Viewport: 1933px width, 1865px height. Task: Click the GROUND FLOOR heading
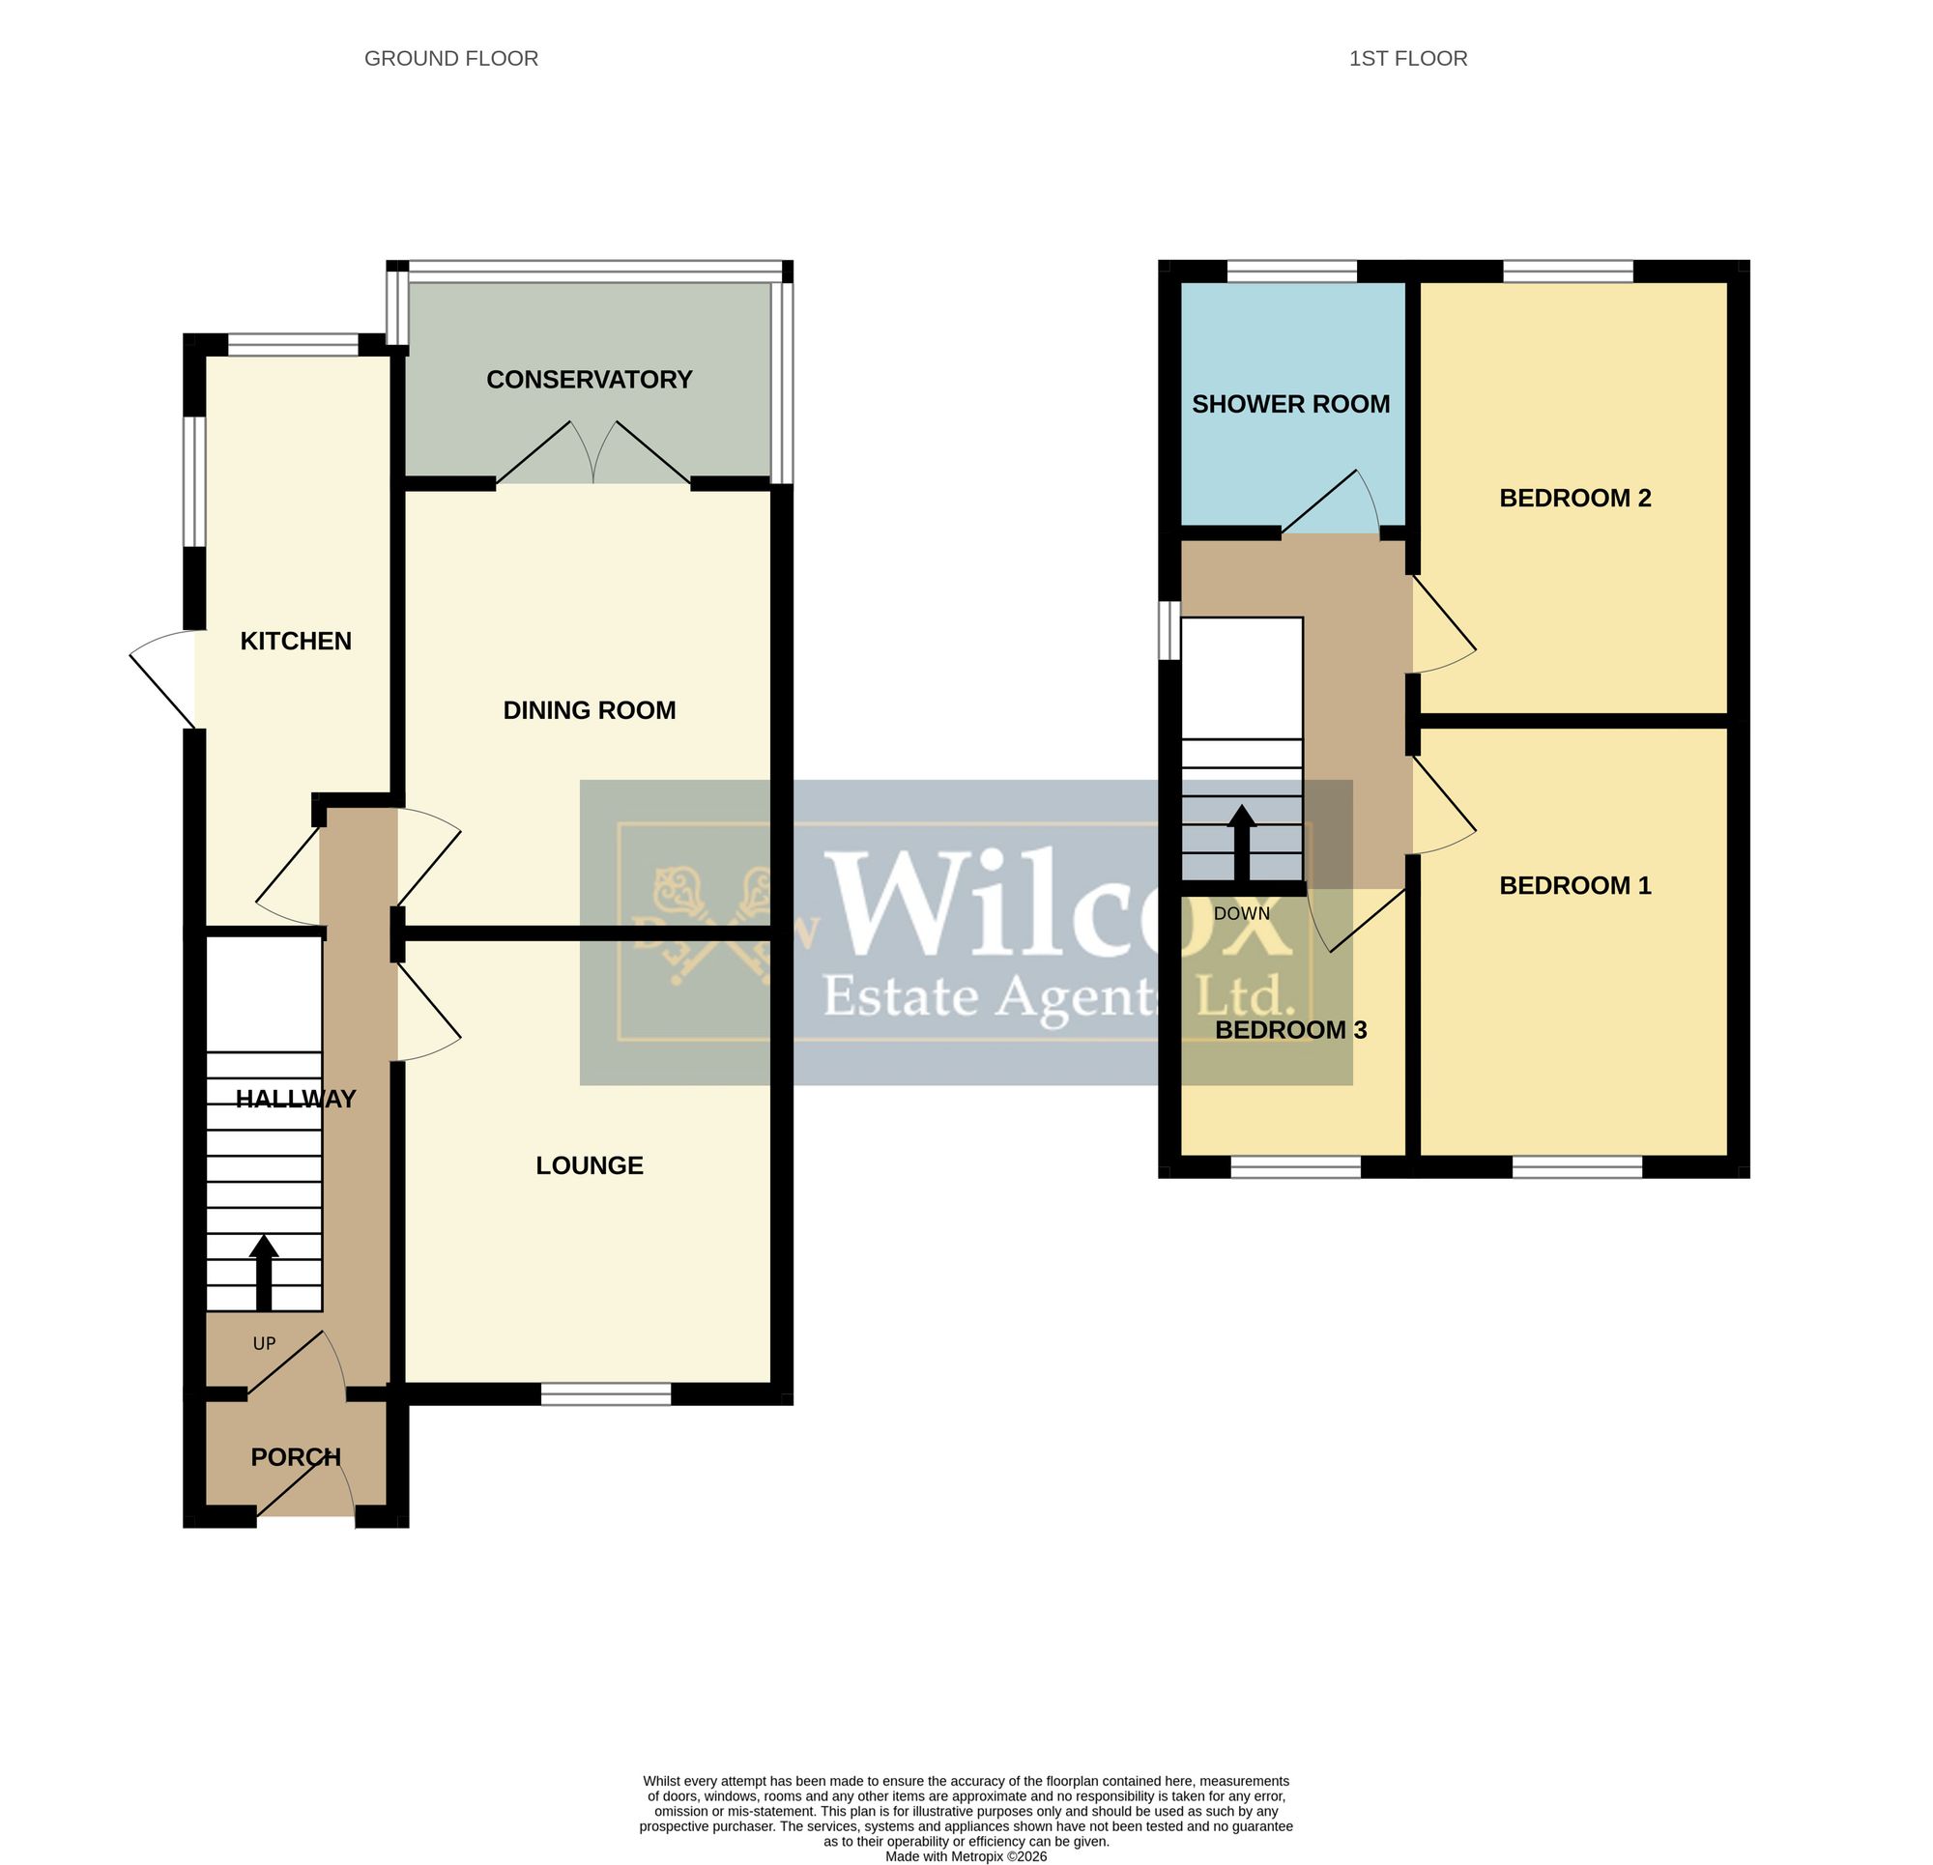pos(450,59)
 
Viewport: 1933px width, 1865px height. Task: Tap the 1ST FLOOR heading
pos(1407,59)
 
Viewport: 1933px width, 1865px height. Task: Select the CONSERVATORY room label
pos(589,380)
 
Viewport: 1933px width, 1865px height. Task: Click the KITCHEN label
pos(296,641)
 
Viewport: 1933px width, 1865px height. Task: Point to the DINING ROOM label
pos(589,710)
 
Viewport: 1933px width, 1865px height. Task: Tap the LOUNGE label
pos(589,1165)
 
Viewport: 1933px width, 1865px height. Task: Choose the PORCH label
pos(296,1456)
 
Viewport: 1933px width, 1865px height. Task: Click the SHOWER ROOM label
pos(1291,404)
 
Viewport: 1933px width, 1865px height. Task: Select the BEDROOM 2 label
pos(1575,498)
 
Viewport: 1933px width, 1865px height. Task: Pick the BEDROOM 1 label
pos(1575,886)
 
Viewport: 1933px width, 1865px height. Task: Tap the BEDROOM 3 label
pos(1291,1030)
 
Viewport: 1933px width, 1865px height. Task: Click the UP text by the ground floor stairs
pos(264,1343)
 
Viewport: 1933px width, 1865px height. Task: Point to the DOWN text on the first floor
pos(1242,913)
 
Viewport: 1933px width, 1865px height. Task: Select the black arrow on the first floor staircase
pos(1242,844)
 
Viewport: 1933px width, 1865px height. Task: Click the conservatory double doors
pos(592,452)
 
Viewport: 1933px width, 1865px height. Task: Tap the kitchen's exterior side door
pos(162,678)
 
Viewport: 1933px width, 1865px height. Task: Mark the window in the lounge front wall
pos(606,1393)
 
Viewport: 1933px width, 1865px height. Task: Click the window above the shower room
pos(1291,272)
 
